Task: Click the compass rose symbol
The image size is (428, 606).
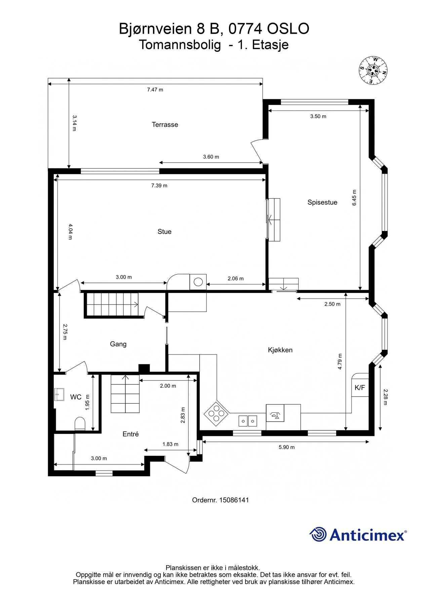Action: point(373,70)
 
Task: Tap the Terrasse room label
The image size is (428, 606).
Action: point(165,125)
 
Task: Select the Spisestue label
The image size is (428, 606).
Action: point(322,202)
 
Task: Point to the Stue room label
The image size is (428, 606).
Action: point(164,232)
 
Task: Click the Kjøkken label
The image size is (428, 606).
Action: point(280,350)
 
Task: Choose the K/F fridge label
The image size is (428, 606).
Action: point(360,388)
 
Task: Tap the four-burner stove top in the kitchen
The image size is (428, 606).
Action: point(216,413)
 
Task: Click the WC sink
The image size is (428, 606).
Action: point(59,395)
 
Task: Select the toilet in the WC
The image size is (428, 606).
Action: point(80,424)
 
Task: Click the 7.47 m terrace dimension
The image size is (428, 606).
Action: point(155,90)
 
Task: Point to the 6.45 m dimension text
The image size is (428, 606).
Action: point(354,198)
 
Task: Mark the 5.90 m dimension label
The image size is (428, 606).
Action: point(286,447)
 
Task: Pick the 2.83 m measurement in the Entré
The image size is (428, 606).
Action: point(183,415)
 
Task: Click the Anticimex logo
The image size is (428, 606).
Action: point(358,534)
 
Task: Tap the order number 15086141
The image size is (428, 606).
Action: point(234,500)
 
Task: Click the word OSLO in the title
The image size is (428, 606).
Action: point(288,29)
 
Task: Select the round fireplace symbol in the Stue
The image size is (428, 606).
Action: point(198,282)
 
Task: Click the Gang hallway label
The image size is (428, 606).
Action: point(118,344)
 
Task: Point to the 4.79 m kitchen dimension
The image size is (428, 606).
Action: point(340,362)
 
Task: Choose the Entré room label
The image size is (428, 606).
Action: point(130,434)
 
